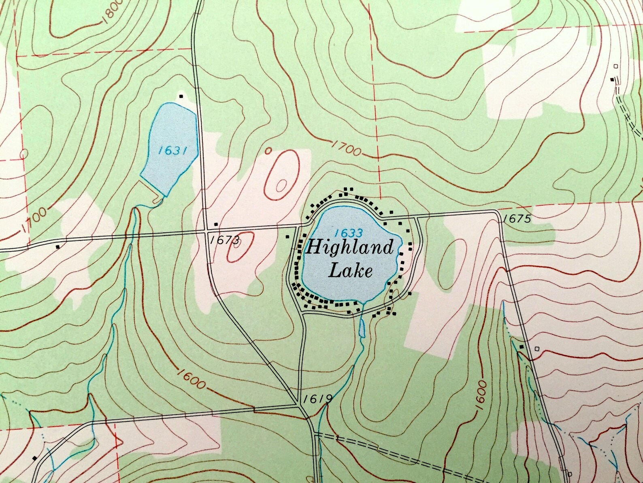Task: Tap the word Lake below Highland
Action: point(350,270)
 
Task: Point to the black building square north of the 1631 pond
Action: point(181,96)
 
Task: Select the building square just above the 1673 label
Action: point(216,224)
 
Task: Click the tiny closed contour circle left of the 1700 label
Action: point(268,150)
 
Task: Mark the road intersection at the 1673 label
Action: point(205,232)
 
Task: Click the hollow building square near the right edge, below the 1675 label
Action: point(537,348)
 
